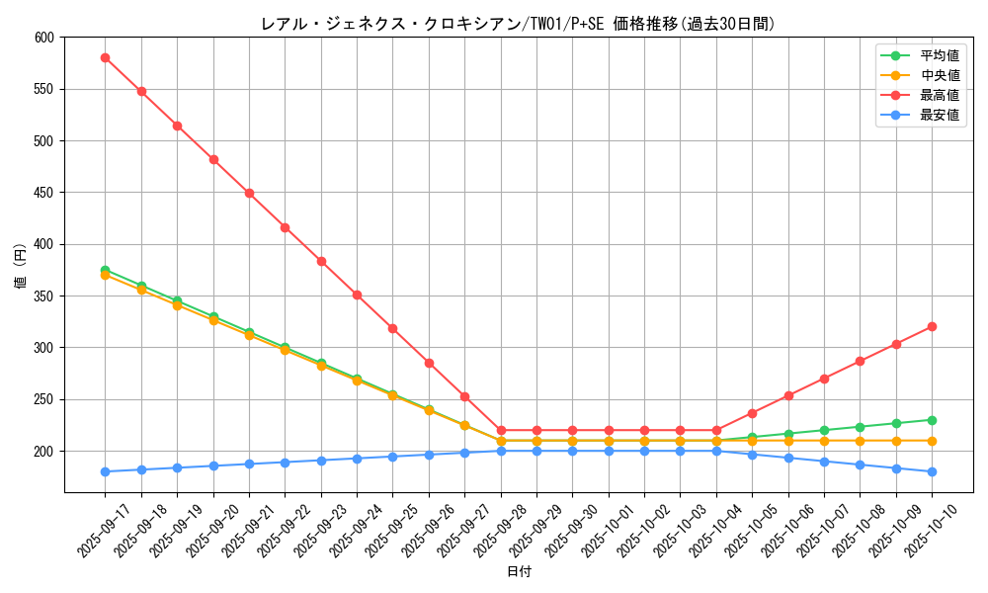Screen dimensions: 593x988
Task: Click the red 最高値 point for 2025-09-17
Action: tap(105, 57)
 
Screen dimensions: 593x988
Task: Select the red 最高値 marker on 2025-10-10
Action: tap(932, 326)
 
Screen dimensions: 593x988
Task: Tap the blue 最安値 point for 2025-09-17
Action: tap(105, 471)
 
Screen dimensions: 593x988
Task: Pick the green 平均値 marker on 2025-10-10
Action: tap(932, 420)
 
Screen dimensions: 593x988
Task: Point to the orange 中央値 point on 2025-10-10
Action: tap(932, 441)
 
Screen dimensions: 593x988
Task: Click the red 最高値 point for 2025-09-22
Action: tap(285, 227)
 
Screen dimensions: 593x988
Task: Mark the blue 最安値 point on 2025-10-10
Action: tap(932, 471)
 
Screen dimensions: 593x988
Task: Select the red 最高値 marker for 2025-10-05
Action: tap(752, 413)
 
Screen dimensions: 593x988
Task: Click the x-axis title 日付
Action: tap(519, 572)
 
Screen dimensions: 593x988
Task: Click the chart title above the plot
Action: tap(519, 24)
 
